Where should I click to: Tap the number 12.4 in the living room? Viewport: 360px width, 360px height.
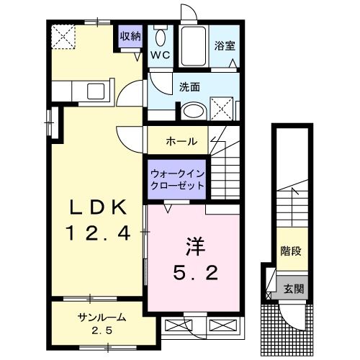[x=99, y=233]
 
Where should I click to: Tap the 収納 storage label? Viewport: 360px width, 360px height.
[x=130, y=36]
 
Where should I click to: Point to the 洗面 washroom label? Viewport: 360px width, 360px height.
[x=189, y=88]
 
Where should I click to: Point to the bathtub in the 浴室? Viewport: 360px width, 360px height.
[x=192, y=47]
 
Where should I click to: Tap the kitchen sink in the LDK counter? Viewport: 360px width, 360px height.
[x=96, y=91]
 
